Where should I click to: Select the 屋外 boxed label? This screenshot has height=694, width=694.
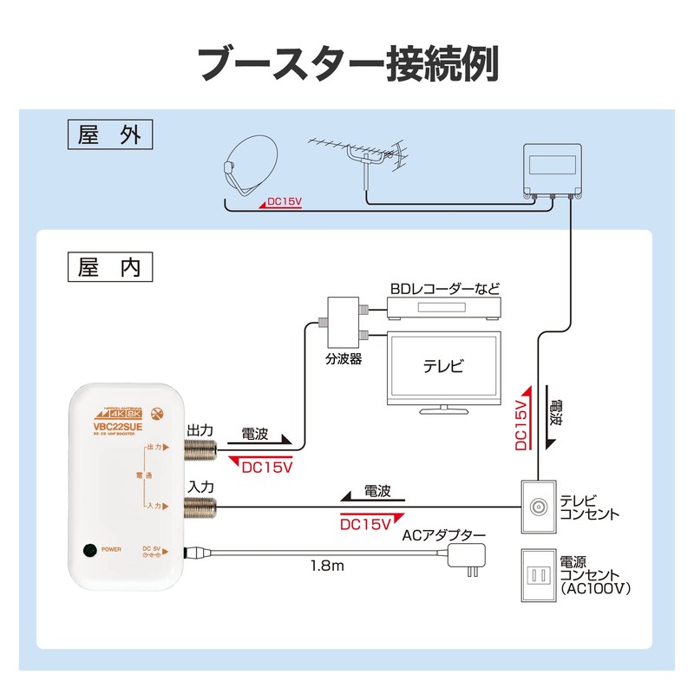[108, 135]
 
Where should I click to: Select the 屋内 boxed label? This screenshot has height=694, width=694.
[108, 266]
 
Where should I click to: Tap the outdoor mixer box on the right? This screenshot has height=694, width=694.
[553, 169]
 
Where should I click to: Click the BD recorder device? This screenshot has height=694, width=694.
[443, 308]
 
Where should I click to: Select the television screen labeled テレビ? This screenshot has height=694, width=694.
[443, 365]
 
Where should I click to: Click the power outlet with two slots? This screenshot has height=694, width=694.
[537, 574]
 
